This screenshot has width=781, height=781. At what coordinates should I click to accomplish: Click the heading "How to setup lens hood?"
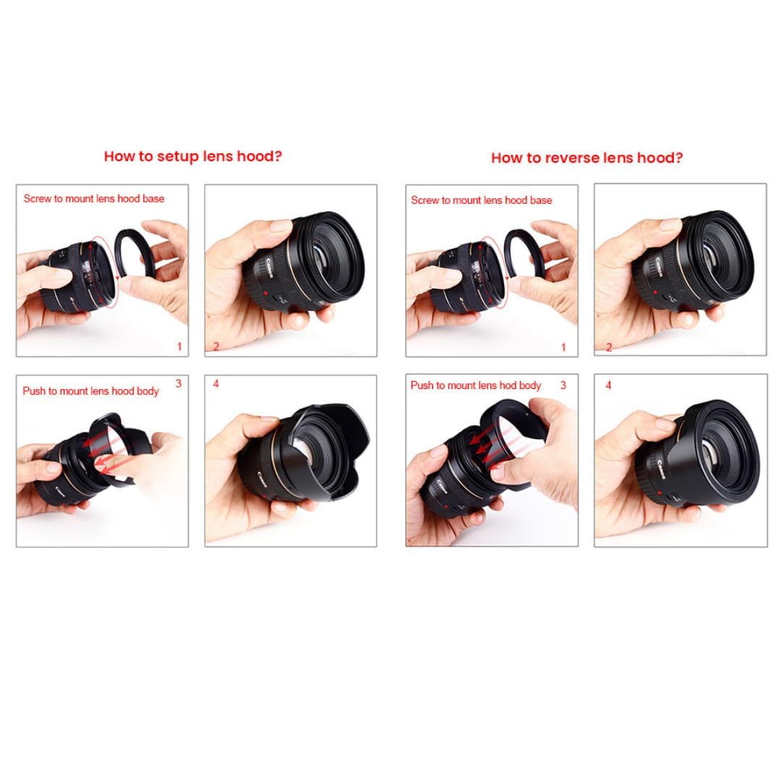click(193, 156)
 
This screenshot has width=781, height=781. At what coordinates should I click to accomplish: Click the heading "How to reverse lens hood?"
click(586, 158)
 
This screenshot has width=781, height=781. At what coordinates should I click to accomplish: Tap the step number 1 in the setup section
click(179, 346)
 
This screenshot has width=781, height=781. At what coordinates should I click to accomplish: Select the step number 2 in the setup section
click(216, 346)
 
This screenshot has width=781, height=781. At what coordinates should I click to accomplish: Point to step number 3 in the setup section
click(179, 383)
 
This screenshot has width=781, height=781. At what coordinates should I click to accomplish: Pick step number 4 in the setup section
click(215, 383)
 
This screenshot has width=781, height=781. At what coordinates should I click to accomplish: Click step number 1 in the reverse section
click(563, 347)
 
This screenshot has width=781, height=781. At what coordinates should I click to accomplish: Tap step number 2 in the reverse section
click(609, 347)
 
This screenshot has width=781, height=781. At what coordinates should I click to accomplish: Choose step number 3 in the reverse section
click(563, 385)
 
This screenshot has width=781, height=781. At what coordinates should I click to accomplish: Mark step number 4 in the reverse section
click(608, 385)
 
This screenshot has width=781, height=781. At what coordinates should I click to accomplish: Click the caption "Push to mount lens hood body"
click(90, 391)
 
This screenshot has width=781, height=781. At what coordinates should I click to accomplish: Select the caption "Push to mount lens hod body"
click(476, 385)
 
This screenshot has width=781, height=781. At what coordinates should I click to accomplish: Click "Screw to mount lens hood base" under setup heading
click(93, 199)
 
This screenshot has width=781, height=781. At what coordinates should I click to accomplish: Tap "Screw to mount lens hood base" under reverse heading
click(481, 200)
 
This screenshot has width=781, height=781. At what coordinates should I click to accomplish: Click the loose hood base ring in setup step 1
click(118, 249)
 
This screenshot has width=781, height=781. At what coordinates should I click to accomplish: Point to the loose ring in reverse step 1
click(507, 249)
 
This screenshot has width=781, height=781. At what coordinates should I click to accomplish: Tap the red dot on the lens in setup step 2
click(266, 293)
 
